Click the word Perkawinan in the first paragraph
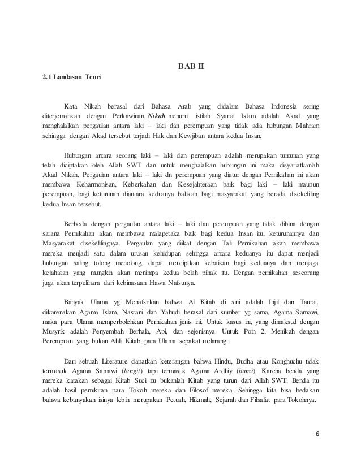(x=129, y=116)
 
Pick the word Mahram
(x=304, y=126)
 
